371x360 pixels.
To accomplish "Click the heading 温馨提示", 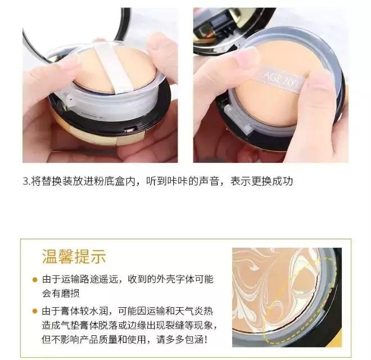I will point(74,257).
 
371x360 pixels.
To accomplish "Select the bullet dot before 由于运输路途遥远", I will point(35,280).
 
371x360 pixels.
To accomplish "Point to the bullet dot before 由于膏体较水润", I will point(35,312).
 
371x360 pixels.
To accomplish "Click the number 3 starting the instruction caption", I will point(25,181).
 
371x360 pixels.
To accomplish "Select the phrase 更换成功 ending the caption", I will point(274,181).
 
